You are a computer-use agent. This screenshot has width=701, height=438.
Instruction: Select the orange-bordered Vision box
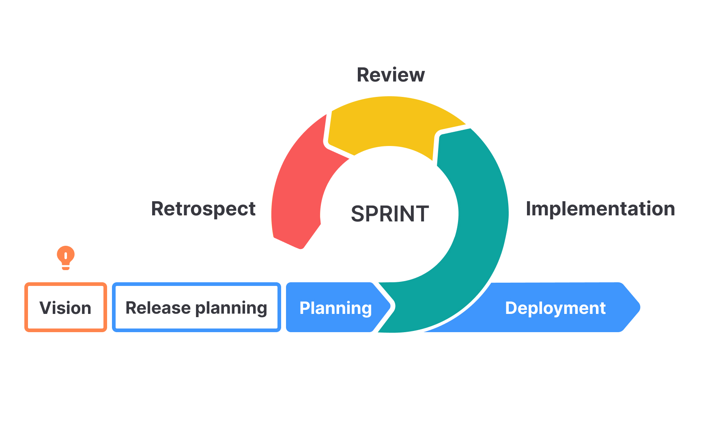click(65, 307)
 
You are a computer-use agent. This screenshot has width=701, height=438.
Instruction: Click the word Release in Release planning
click(158, 307)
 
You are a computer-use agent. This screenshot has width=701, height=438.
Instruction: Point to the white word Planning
click(335, 308)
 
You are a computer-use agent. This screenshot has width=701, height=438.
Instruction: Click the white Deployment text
click(555, 308)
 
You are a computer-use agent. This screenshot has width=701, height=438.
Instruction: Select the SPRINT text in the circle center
click(389, 214)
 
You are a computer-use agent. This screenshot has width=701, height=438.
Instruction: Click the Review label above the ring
click(390, 75)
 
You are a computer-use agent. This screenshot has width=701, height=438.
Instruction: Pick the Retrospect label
click(203, 209)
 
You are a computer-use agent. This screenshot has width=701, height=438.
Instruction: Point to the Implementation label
click(600, 209)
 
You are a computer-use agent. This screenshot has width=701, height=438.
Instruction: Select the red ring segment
click(298, 187)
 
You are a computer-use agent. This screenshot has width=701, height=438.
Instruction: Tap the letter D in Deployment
click(511, 307)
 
